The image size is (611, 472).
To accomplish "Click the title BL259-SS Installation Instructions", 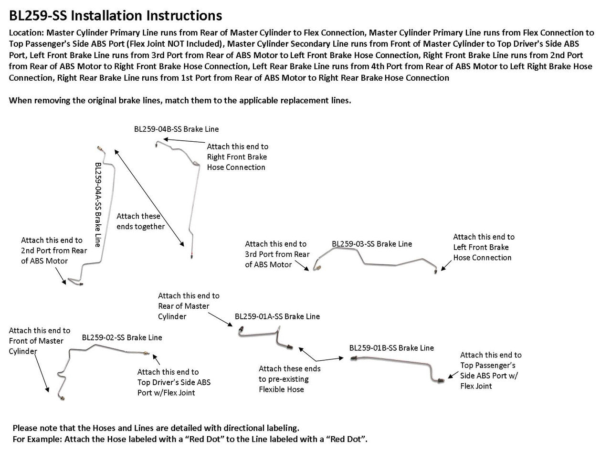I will (x=115, y=16).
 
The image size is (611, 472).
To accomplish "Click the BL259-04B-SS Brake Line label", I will (x=176, y=129).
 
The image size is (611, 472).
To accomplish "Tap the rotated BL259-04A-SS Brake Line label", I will (x=98, y=204).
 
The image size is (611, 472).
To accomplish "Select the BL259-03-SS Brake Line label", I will (x=372, y=244).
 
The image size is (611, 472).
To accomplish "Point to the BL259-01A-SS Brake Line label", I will (x=277, y=316).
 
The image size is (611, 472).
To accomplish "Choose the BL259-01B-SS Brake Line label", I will (x=391, y=348).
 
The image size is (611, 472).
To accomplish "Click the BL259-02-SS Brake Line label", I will (x=122, y=337).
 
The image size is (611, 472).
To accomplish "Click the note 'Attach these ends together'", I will (x=140, y=221).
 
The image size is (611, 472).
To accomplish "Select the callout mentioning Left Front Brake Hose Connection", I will (x=483, y=247).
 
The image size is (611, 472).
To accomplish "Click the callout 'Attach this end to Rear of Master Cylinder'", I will (x=189, y=306).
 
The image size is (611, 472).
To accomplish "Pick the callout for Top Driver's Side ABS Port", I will (x=174, y=382).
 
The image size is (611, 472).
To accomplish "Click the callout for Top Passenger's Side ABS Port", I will (x=490, y=370).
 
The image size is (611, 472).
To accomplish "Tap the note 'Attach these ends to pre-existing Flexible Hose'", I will (x=289, y=379).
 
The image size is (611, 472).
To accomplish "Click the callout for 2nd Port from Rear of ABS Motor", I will (x=53, y=251).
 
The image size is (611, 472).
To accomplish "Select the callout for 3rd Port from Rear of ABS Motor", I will (x=277, y=254).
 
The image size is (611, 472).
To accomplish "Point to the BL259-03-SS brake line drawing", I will (x=377, y=260).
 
